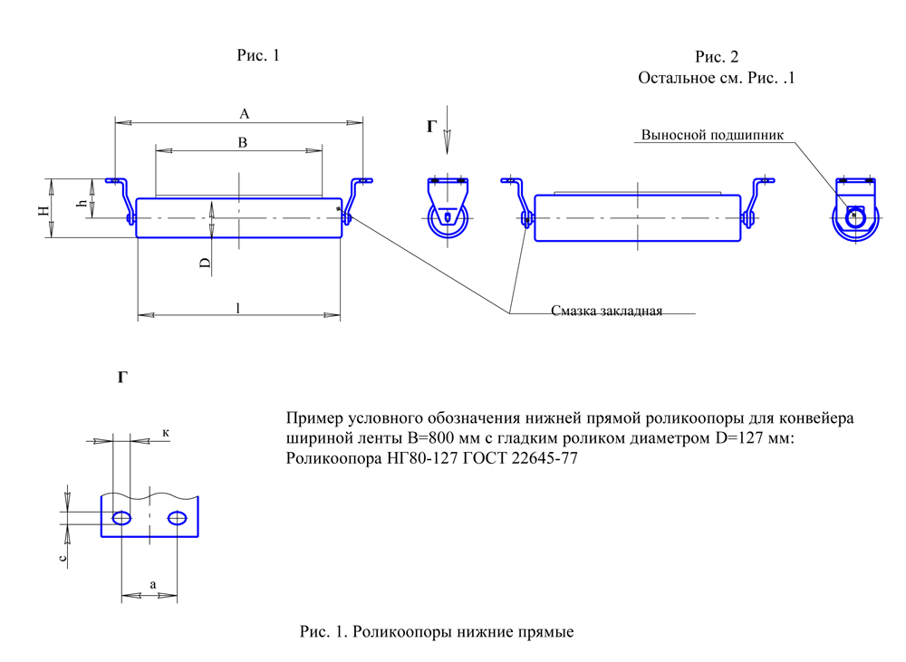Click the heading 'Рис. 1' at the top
point(258,56)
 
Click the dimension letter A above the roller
point(244,114)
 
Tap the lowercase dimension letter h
point(82,204)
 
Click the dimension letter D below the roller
point(206,264)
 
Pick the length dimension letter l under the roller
point(237,309)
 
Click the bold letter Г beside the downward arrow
point(431,127)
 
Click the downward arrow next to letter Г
point(448,138)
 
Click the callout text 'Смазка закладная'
point(607,312)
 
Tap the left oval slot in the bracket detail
point(121,518)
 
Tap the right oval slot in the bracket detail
point(178,518)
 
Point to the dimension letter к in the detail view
point(166,433)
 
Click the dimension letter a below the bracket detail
point(152,586)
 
